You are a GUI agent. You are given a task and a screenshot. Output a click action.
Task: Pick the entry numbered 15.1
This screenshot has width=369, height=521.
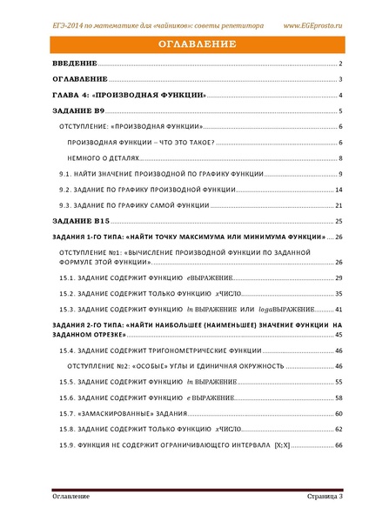139,277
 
